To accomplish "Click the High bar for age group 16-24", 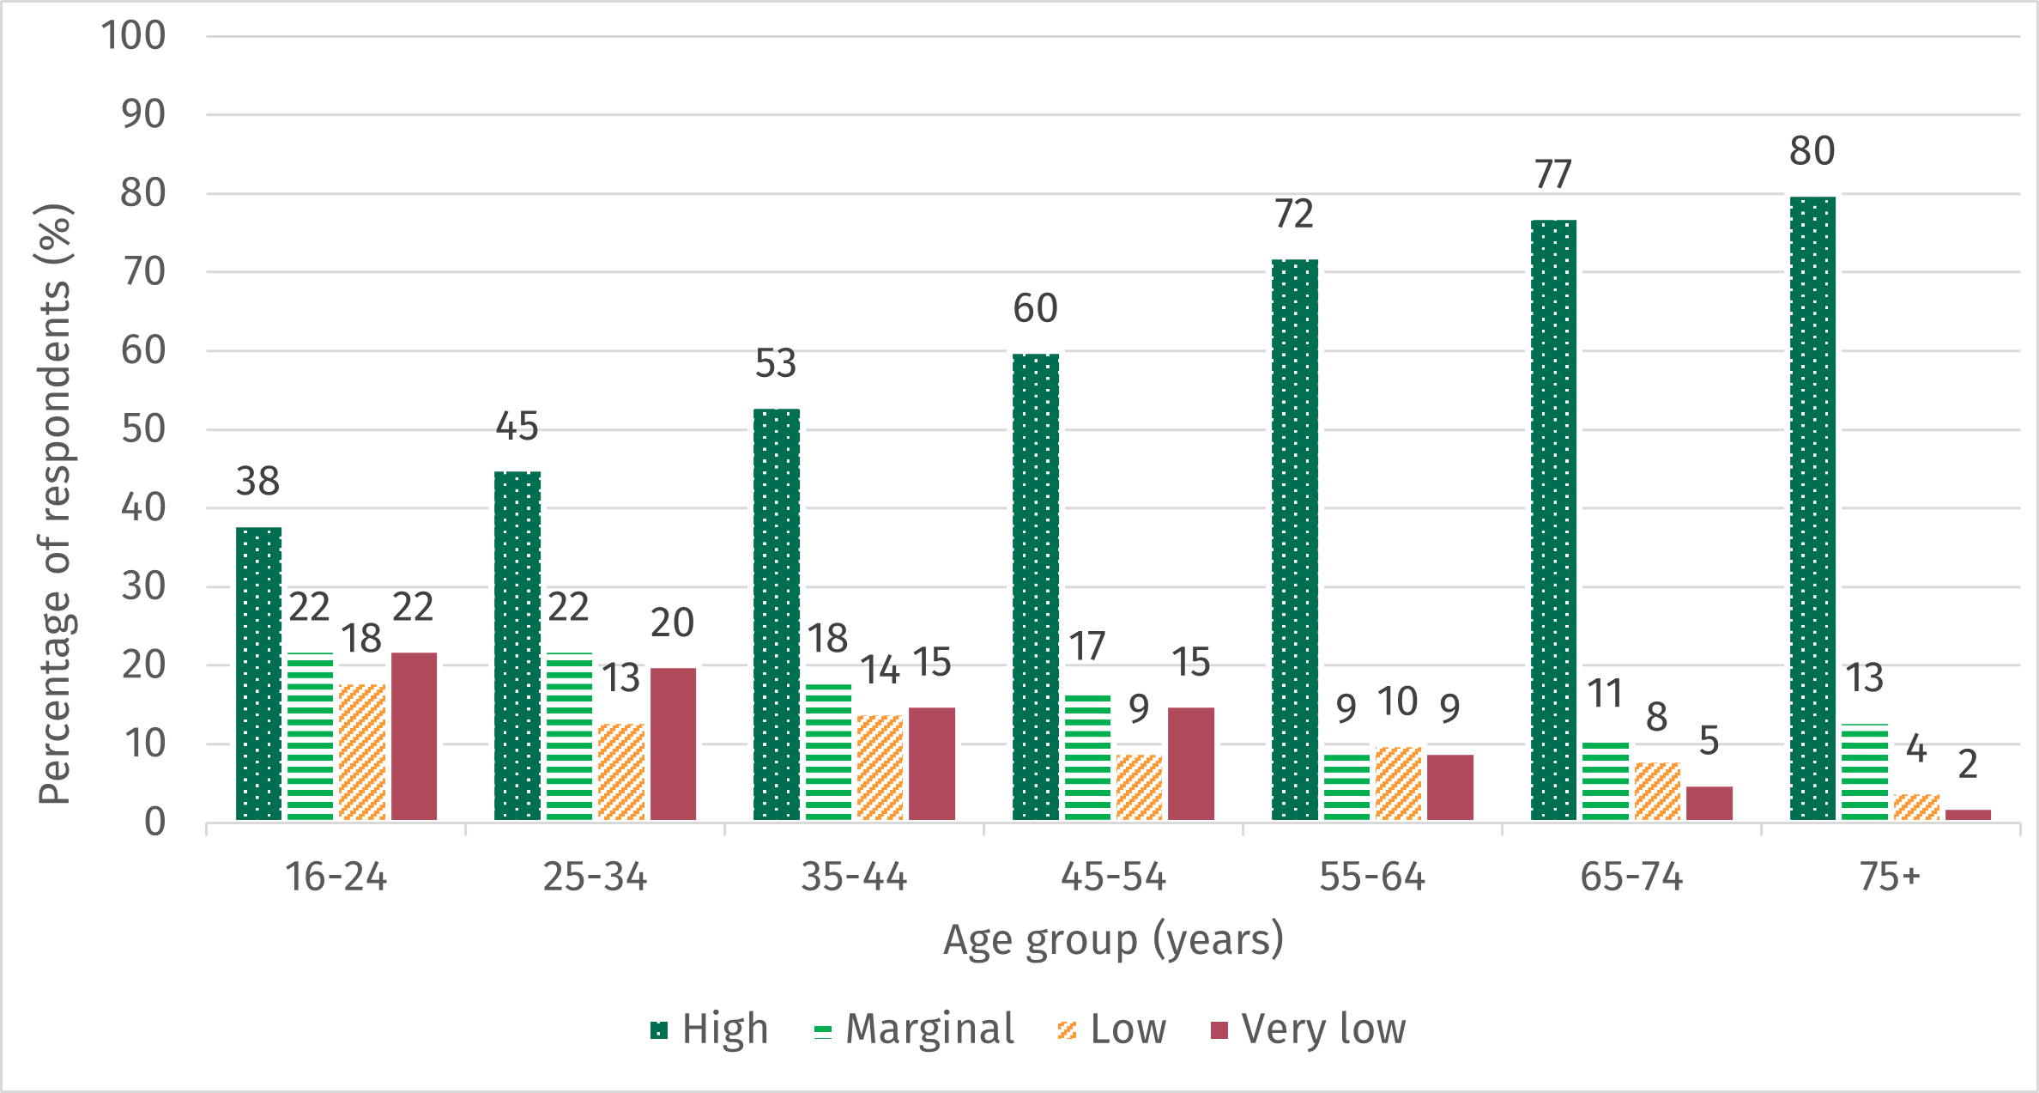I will pyautogui.click(x=258, y=674).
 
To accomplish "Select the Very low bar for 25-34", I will pyautogui.click(x=673, y=744).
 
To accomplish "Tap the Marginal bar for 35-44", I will pyautogui.click(x=828, y=752).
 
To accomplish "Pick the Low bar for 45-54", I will pyautogui.click(x=1139, y=787).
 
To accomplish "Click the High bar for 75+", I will pyautogui.click(x=1812, y=508).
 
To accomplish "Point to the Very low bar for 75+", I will pyautogui.click(x=1968, y=815).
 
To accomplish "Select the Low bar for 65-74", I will pyautogui.click(x=1657, y=791).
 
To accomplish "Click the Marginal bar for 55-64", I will pyautogui.click(x=1346, y=787).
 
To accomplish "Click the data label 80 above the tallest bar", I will pyautogui.click(x=1812, y=152).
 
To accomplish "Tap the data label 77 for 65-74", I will pyautogui.click(x=1552, y=175).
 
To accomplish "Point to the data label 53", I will pyautogui.click(x=776, y=364).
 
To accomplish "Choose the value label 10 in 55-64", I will pyautogui.click(x=1397, y=702).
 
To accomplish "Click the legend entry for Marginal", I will pyautogui.click(x=914, y=1029).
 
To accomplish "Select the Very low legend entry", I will pyautogui.click(x=1309, y=1029).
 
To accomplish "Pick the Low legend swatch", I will pyautogui.click(x=1068, y=1030).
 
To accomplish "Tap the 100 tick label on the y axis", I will pyautogui.click(x=133, y=36).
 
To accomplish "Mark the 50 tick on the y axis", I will pyautogui.click(x=142, y=429).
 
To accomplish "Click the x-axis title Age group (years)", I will pyautogui.click(x=1113, y=939).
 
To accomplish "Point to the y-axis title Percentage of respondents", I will pyautogui.click(x=53, y=505).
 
